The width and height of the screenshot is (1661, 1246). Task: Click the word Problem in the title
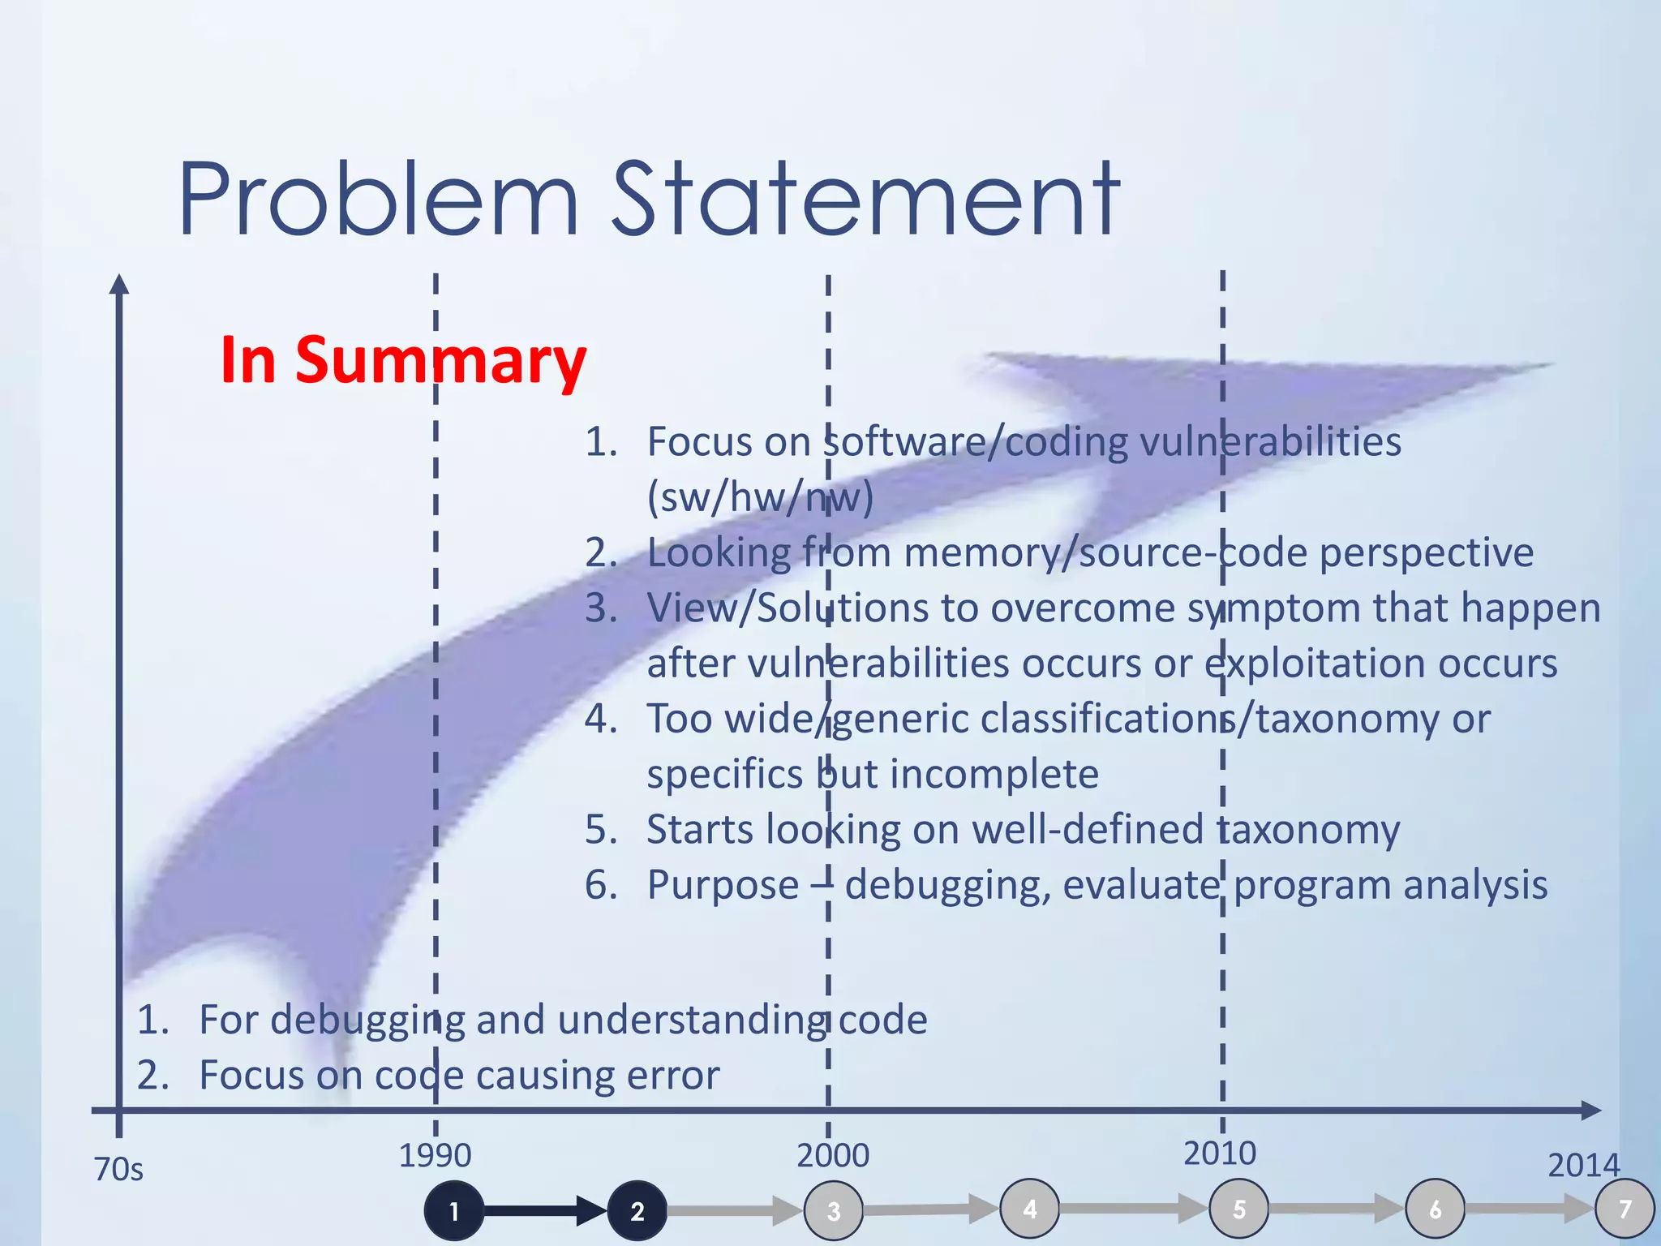click(378, 200)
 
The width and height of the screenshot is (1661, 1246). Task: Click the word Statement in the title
click(865, 200)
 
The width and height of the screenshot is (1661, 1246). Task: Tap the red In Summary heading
click(403, 359)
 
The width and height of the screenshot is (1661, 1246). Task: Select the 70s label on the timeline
click(118, 1169)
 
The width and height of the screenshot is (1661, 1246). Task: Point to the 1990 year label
click(435, 1155)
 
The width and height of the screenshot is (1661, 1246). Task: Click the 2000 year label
click(833, 1155)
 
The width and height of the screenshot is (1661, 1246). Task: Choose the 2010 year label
click(1220, 1153)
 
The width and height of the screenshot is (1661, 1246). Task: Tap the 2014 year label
click(1583, 1165)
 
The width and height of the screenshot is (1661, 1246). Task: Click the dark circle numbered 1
click(454, 1211)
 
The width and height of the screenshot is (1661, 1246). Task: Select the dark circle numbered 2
click(637, 1211)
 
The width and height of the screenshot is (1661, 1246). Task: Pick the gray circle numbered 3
click(834, 1211)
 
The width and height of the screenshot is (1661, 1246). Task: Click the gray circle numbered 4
click(1030, 1209)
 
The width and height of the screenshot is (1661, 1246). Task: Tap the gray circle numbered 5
click(1239, 1209)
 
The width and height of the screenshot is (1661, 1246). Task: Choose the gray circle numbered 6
click(1436, 1209)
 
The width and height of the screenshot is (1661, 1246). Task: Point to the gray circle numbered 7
click(1625, 1209)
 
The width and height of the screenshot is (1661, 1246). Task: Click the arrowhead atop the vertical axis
click(119, 283)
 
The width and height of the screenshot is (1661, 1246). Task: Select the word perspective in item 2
click(1427, 553)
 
